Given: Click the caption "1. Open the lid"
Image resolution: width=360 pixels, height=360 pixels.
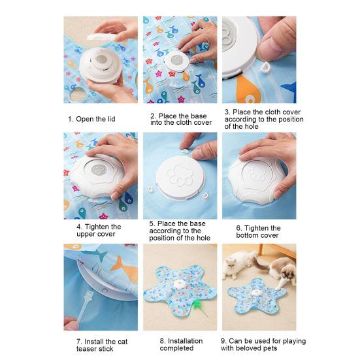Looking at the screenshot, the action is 91,119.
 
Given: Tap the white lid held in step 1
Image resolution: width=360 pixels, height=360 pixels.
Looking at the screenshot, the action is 102,37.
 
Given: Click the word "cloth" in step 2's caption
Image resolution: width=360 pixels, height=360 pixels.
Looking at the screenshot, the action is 183,123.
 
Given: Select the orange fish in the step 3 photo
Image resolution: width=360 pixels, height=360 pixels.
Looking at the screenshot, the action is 248,89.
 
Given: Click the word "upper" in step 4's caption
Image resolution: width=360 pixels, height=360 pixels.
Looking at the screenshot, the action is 85,235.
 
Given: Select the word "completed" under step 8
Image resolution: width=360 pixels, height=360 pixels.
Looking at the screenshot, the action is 176,348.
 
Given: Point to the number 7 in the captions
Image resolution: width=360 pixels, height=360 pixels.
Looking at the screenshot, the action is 78,342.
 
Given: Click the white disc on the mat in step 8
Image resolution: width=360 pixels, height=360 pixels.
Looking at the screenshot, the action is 180,284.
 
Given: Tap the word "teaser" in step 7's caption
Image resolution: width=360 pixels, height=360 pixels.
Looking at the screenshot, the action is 86,349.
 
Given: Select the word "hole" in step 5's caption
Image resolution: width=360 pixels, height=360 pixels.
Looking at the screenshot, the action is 203,238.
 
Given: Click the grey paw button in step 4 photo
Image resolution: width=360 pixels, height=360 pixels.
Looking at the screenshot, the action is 99,170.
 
